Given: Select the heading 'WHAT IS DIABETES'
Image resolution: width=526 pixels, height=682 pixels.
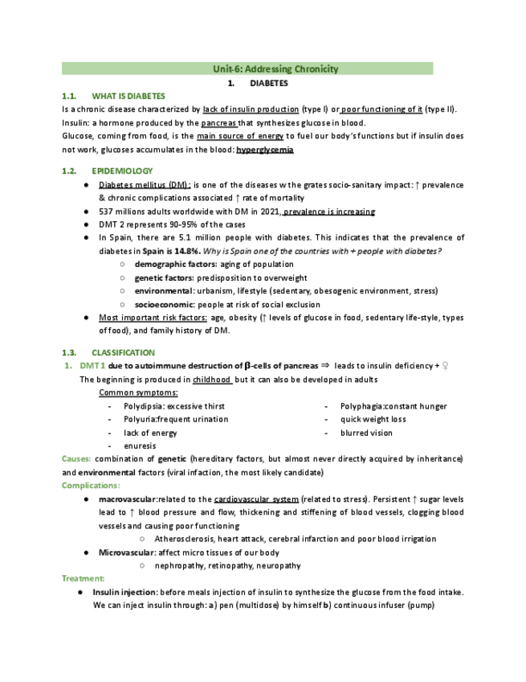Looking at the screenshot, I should click(128, 96).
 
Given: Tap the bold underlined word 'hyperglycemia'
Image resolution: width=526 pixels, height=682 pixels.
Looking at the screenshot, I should click(265, 150).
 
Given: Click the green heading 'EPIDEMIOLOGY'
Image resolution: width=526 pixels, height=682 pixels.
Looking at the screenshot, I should click(122, 171).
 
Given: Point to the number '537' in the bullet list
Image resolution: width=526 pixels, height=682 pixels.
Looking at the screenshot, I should click(106, 212).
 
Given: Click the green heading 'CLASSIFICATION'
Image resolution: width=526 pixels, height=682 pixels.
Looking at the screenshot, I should click(124, 352).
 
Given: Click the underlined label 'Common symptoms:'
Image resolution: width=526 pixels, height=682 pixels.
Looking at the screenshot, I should click(138, 392).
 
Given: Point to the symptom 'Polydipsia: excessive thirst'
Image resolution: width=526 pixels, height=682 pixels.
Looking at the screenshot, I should click(174, 406).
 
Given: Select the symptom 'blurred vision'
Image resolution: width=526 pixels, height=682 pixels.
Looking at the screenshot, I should click(366, 433).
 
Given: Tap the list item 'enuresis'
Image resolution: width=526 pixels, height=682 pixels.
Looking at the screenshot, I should click(140, 446).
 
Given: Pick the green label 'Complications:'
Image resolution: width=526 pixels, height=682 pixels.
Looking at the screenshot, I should click(91, 485).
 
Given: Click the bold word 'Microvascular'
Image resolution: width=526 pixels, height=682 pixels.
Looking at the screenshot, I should click(126, 553).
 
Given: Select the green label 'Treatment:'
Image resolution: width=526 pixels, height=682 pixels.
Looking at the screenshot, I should click(84, 578).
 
